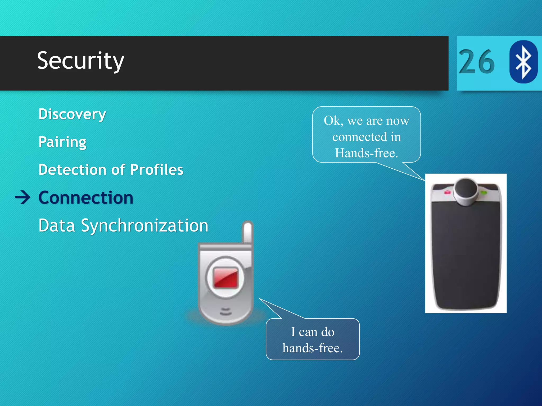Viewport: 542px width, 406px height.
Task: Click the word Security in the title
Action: pos(80,61)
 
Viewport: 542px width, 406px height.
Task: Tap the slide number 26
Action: pos(477,62)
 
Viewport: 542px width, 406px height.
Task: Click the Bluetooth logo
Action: pos(523,62)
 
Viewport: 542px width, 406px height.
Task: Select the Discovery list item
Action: pos(72,114)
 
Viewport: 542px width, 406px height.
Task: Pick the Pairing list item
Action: pos(62,142)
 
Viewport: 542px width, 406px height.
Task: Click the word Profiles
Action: pos(157,170)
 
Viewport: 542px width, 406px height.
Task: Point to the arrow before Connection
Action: pos(23,198)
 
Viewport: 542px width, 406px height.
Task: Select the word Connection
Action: pos(86,198)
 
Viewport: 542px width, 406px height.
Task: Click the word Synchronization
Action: pos(145,226)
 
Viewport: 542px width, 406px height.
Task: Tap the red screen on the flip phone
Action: pos(226,278)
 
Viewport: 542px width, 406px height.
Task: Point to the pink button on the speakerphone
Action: pos(447,192)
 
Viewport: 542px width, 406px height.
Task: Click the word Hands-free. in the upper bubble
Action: pos(367,153)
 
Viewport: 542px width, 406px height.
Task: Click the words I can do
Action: pos(313,332)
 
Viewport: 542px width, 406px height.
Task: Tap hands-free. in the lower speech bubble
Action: pos(313,348)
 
